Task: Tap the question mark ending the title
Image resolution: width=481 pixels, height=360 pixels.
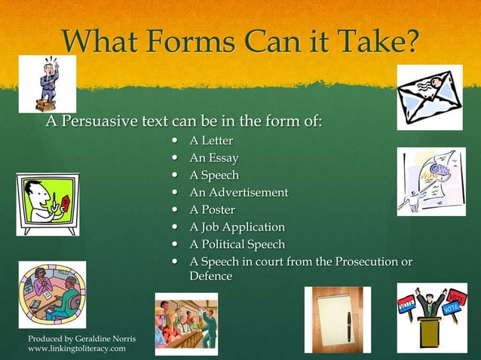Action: coord(408,41)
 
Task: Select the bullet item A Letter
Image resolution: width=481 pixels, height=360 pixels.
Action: coord(211,141)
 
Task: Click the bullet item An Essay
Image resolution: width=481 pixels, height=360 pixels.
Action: coord(214,158)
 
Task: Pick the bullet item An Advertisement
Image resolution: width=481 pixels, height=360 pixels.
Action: coord(238,192)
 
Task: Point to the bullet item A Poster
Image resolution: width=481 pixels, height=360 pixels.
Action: coord(212,209)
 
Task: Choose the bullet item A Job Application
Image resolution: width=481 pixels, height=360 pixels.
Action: coord(237,227)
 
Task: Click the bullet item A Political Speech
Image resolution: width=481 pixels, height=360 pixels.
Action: coord(237,244)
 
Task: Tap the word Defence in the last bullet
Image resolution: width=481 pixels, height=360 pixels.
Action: coord(210,276)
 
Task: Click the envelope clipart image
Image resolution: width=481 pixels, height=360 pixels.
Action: coord(429,97)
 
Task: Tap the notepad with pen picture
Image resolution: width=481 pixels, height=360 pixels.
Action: coord(332,319)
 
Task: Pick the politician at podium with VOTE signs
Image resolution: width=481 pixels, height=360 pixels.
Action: coord(432,317)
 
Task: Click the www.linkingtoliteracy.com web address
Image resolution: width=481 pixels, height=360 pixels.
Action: coord(77,349)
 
